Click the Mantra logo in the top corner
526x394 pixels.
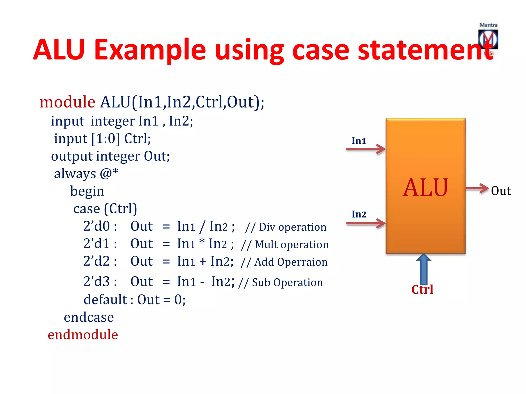tap(488, 38)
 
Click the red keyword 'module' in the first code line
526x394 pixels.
tap(67, 102)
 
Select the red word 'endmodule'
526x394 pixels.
tap(83, 335)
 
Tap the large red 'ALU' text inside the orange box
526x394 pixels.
tap(425, 188)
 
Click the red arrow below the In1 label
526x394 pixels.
tap(366, 149)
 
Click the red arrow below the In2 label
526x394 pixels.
tap(366, 223)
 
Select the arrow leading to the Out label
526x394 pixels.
tap(477, 189)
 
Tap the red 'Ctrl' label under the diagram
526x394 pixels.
tap(422, 290)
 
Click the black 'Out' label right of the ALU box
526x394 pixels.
tap(501, 191)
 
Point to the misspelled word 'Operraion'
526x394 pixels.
tap(302, 262)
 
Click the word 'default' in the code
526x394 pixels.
tap(105, 300)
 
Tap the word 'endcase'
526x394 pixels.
tap(89, 317)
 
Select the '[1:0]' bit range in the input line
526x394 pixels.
tap(106, 139)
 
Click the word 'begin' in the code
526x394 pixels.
tap(87, 191)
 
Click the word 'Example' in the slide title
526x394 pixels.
tap(150, 50)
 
